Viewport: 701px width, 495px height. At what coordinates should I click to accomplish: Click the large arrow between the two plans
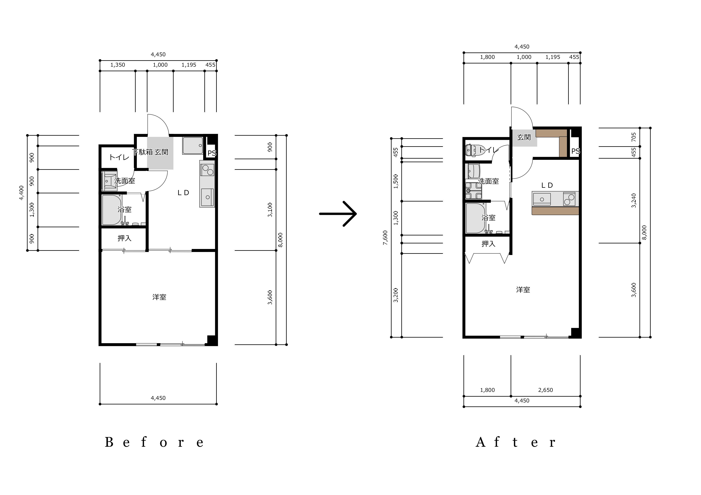pyautogui.click(x=338, y=214)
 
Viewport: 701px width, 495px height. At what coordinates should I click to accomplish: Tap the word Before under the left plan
pyautogui.click(x=154, y=442)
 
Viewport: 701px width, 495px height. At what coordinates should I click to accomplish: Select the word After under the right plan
pyautogui.click(x=515, y=442)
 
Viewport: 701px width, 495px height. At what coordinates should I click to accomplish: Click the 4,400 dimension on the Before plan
pyautogui.click(x=21, y=193)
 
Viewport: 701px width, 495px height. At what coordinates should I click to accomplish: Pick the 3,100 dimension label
pyautogui.click(x=270, y=210)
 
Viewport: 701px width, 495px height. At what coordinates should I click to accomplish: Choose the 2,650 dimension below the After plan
pyautogui.click(x=546, y=390)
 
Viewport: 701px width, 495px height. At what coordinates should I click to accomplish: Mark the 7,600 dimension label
pyautogui.click(x=385, y=238)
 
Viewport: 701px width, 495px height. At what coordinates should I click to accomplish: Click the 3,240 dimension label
pyautogui.click(x=634, y=201)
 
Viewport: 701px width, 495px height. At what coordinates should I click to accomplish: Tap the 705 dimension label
pyautogui.click(x=634, y=137)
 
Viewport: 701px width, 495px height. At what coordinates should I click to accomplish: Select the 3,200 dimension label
pyautogui.click(x=396, y=295)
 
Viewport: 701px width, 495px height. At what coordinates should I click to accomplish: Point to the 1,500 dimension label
pyautogui.click(x=396, y=182)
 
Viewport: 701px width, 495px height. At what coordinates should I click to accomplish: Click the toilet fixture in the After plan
pyautogui.click(x=471, y=150)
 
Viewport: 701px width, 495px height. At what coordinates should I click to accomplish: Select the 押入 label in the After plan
pyautogui.click(x=488, y=244)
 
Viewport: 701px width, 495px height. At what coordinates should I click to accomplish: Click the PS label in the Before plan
pyautogui.click(x=212, y=153)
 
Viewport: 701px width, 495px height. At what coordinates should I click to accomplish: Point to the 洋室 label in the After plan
pyautogui.click(x=523, y=290)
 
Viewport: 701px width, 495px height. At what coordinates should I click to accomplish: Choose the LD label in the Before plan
pyautogui.click(x=184, y=193)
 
